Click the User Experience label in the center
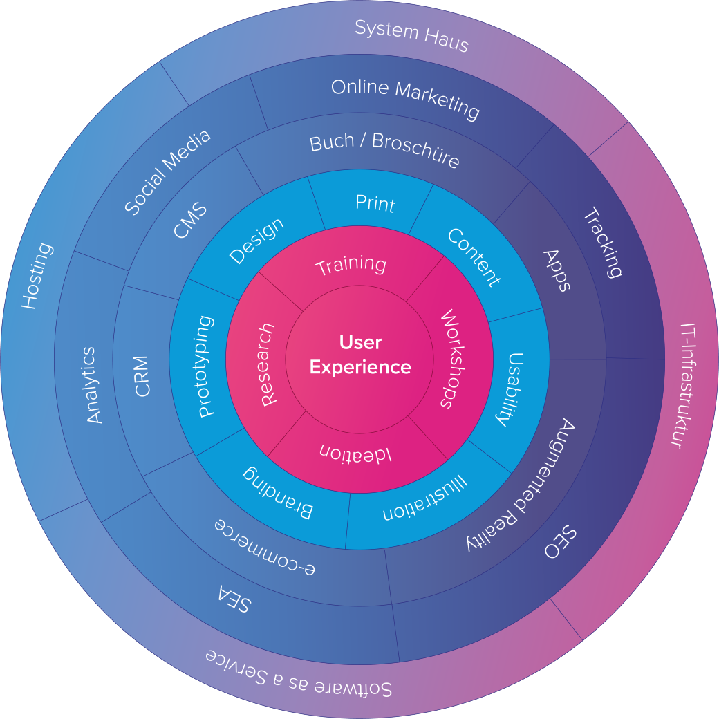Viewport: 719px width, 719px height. pos(359,355)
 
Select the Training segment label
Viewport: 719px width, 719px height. pos(351,265)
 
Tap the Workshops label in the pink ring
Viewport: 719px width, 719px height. pos(449,359)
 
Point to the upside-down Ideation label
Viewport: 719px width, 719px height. pos(355,453)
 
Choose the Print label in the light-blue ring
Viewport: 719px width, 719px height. pos(375,203)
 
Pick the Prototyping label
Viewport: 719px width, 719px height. pos(207,366)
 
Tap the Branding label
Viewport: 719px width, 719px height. pos(277,492)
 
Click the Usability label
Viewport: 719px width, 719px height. pos(511,389)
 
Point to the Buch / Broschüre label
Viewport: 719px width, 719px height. pos(384,149)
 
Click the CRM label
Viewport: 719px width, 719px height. pos(142,376)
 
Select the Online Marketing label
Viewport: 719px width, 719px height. pos(405,97)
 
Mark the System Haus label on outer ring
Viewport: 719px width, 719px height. pos(412,36)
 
